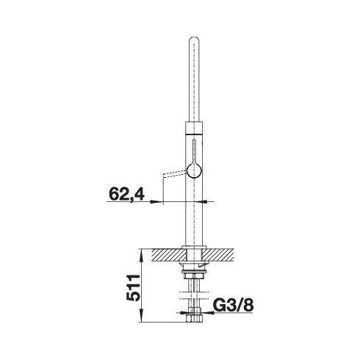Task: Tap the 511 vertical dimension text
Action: point(133,287)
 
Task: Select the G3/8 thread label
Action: point(233,305)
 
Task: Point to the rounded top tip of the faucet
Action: point(194,39)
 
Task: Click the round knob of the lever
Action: point(194,170)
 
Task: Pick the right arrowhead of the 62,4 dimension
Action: point(206,201)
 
